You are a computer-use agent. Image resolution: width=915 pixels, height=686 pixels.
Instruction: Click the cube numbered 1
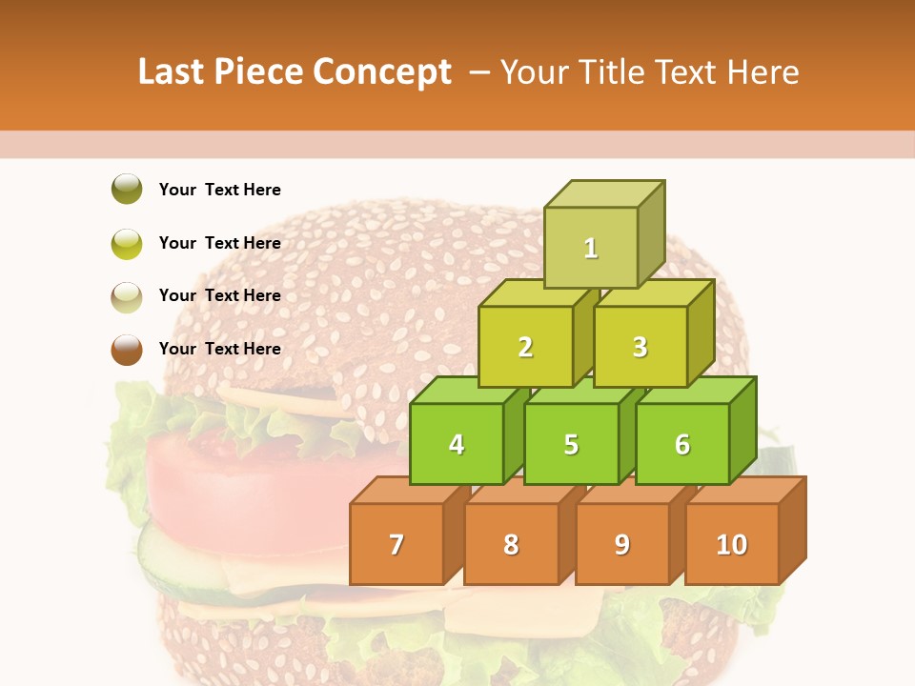591,248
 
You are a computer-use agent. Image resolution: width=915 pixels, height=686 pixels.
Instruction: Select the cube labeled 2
525,347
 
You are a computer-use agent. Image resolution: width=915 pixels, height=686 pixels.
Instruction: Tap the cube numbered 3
640,347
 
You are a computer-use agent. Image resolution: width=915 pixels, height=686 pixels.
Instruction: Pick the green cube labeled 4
457,444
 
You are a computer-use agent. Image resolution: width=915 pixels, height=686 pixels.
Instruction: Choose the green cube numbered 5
571,444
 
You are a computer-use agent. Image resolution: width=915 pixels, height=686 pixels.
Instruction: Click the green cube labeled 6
682,444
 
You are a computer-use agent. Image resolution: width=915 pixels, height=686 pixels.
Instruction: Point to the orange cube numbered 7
396,544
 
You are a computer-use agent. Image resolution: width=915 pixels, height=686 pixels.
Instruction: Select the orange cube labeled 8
511,544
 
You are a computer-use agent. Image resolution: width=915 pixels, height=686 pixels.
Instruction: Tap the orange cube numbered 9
622,544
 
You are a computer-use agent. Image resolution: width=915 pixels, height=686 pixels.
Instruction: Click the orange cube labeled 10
732,544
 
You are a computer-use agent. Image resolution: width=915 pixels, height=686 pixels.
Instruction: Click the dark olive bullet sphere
127,190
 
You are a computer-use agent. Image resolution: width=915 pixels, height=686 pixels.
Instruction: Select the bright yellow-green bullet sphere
127,243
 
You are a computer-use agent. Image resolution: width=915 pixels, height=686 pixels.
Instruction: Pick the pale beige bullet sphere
127,296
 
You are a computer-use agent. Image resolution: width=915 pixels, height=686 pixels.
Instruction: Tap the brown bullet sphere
127,349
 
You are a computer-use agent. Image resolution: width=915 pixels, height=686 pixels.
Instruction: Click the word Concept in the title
382,72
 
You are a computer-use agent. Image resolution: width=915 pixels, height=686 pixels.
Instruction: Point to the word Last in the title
173,72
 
